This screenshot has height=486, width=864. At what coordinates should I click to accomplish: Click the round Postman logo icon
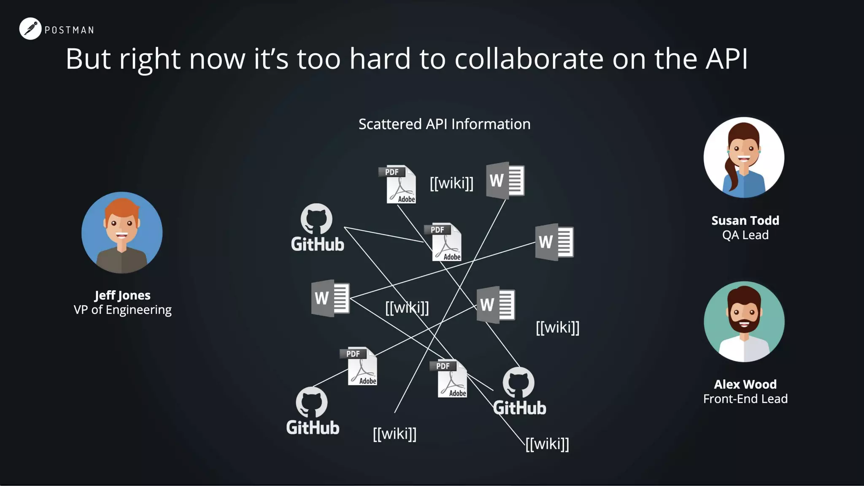tap(30, 29)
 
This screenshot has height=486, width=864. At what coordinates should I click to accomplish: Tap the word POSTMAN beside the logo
tap(69, 30)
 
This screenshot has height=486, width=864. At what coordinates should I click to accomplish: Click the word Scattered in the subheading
tap(390, 124)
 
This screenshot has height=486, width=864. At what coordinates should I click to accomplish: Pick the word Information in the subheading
tap(491, 124)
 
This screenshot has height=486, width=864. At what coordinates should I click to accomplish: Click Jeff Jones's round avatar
tap(122, 232)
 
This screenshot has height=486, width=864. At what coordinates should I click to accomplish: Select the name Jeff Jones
tap(122, 295)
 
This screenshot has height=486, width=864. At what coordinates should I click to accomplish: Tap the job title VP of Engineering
tap(122, 310)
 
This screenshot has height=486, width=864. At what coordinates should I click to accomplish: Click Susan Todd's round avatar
tap(744, 157)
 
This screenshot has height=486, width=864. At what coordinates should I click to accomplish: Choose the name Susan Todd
tap(745, 220)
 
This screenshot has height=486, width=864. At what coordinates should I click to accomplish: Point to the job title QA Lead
tap(745, 235)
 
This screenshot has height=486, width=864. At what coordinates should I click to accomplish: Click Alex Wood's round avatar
tap(744, 321)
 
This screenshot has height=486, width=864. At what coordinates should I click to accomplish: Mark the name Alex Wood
tap(745, 384)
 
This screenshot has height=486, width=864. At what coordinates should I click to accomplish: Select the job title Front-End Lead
tap(745, 399)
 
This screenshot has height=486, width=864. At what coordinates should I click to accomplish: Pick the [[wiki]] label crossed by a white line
tap(407, 308)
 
